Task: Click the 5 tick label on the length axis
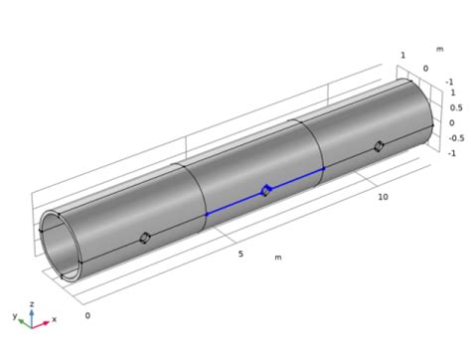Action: tap(240, 254)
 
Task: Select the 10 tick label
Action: tap(383, 197)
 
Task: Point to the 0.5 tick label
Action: tap(456, 107)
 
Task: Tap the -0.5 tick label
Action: tap(456, 138)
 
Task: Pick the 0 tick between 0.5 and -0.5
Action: tap(452, 123)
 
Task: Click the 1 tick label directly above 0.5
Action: tap(453, 92)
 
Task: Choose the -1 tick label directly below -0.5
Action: tap(452, 153)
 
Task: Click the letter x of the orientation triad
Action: tap(55, 319)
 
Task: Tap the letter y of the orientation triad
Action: tap(15, 316)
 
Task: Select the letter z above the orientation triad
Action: tap(32, 304)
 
